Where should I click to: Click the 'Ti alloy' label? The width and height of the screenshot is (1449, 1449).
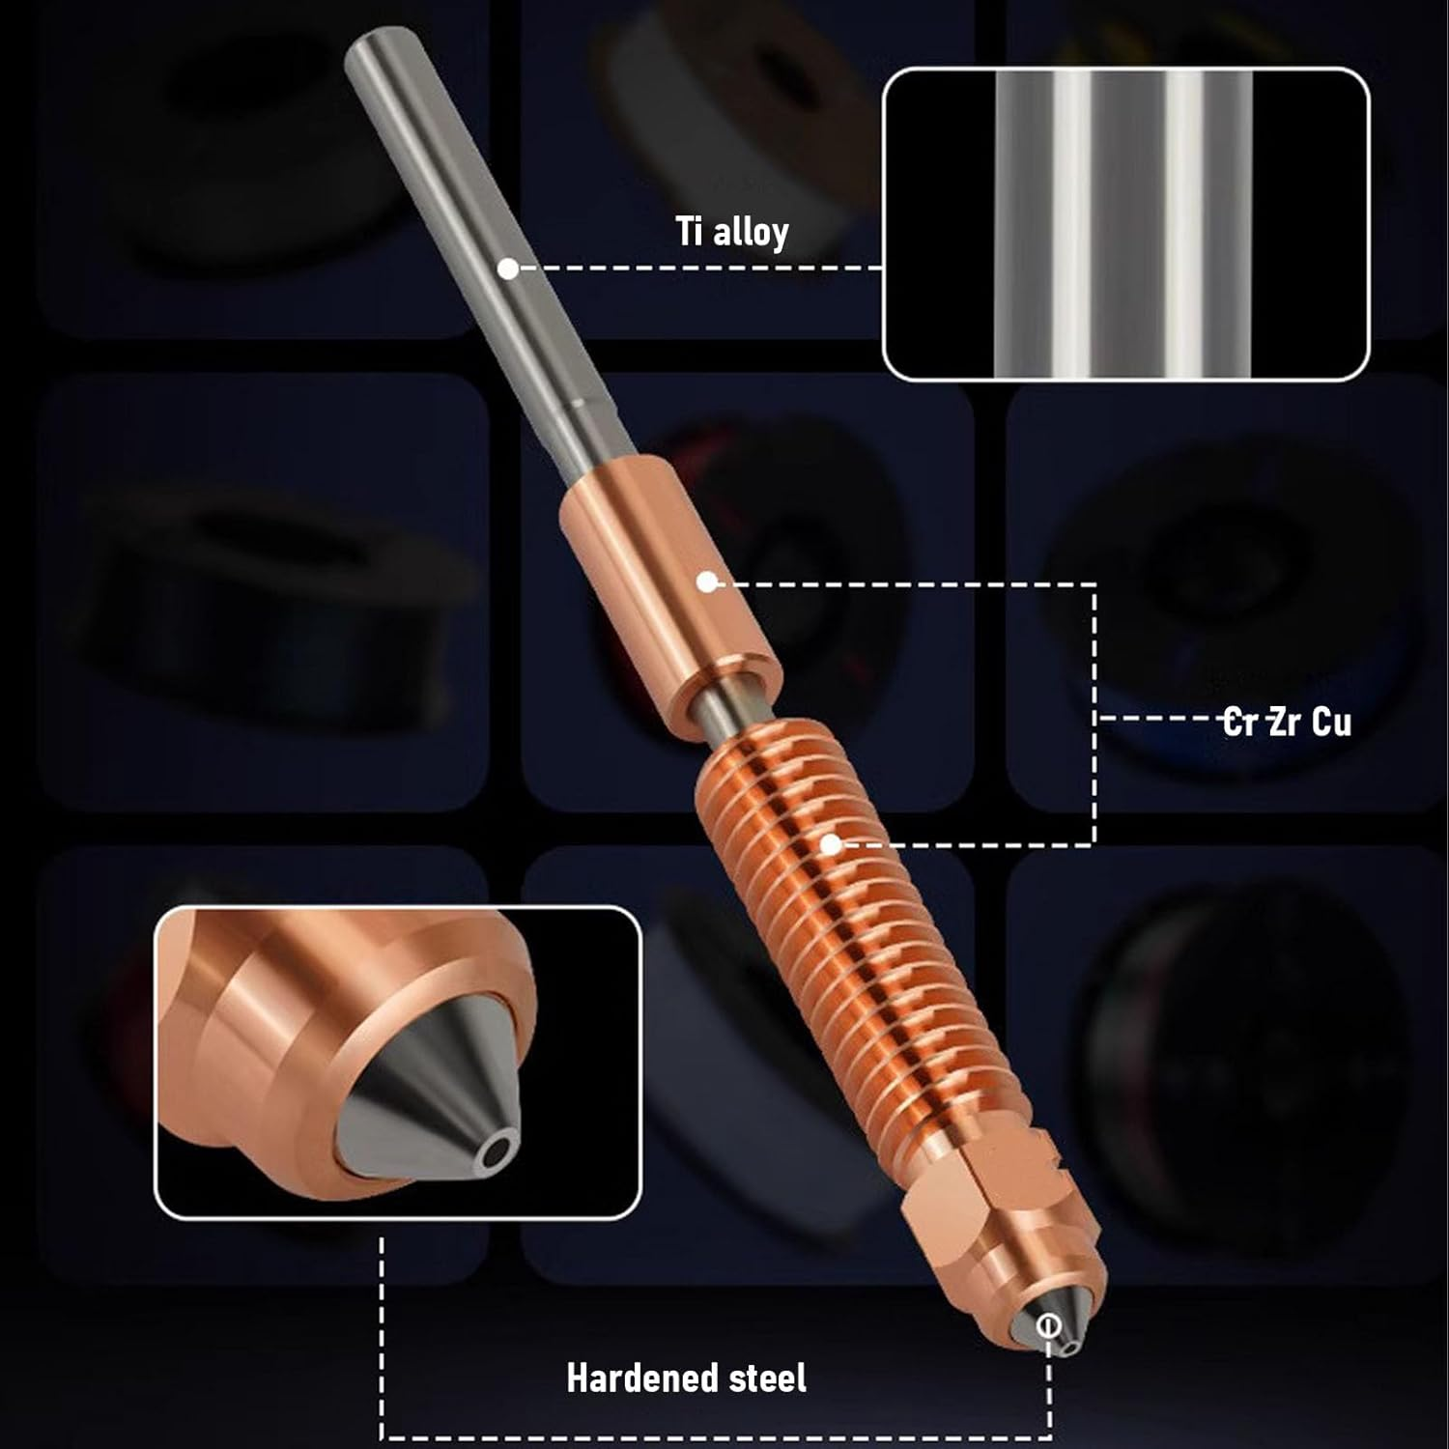click(x=732, y=232)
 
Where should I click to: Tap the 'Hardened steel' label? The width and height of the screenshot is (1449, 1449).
click(x=686, y=1378)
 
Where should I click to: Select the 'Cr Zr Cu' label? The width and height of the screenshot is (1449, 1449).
click(x=1287, y=722)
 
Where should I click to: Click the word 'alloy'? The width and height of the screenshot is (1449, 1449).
click(x=752, y=233)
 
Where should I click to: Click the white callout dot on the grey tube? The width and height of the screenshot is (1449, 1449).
click(x=508, y=269)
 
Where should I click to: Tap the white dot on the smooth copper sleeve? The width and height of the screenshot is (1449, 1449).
click(x=707, y=582)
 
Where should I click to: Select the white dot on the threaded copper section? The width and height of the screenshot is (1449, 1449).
click(x=830, y=844)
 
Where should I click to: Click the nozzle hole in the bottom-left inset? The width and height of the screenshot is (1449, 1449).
click(x=498, y=1151)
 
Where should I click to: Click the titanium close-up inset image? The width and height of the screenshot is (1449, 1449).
click(x=1126, y=224)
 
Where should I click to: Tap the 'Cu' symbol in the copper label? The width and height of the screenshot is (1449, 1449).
click(x=1332, y=723)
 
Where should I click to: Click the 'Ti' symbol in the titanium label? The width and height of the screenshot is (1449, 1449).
click(x=688, y=232)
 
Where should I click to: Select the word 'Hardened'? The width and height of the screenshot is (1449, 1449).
click(x=641, y=1378)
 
